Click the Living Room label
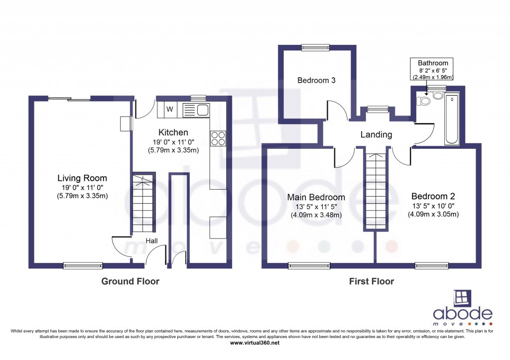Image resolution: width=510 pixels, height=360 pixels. (82, 178)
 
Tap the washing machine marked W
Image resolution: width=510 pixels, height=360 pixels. (169, 110)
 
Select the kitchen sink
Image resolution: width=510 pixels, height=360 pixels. (196, 110)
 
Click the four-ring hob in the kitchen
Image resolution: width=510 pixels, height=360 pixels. (218, 138)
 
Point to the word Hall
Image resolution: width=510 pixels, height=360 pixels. (151, 240)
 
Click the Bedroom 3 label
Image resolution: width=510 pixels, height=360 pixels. (316, 80)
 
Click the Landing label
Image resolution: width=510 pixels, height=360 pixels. (377, 134)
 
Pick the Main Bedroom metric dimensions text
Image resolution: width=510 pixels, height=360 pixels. (316, 215)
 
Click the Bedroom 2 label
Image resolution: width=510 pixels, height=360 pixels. (433, 196)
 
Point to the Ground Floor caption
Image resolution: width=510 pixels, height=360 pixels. (130, 281)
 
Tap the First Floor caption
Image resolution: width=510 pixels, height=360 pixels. (372, 281)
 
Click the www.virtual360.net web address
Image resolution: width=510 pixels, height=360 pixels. (255, 343)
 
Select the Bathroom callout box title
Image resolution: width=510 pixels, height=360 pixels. (433, 63)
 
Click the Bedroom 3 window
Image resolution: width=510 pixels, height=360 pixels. (315, 47)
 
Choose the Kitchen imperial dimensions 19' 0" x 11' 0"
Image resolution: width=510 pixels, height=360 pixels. (173, 142)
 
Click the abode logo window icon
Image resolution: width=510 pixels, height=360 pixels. (463, 298)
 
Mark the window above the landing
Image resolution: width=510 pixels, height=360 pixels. (378, 109)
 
